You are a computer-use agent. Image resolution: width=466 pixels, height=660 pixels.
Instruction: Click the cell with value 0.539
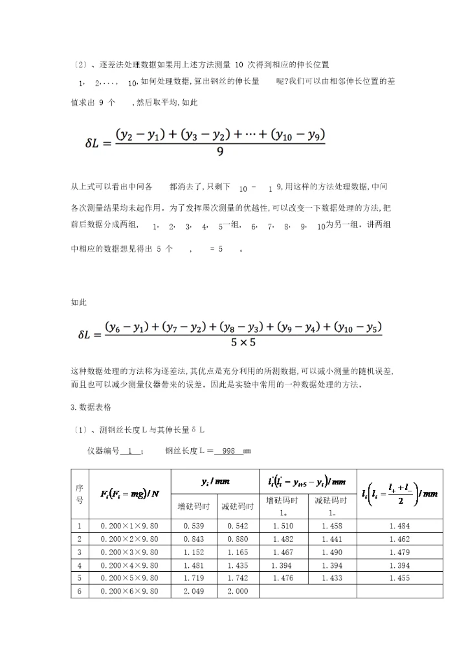click(194, 526)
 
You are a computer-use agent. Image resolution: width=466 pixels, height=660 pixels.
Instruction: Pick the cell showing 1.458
click(331, 526)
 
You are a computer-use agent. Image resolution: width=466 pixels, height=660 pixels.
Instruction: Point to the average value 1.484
click(399, 526)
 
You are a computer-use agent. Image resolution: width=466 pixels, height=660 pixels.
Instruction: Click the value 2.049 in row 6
click(194, 591)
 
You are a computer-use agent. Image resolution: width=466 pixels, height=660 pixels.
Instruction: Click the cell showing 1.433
click(331, 578)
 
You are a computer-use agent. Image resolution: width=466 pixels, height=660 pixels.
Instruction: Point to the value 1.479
click(399, 552)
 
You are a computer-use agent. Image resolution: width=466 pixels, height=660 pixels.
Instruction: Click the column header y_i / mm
click(216, 482)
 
